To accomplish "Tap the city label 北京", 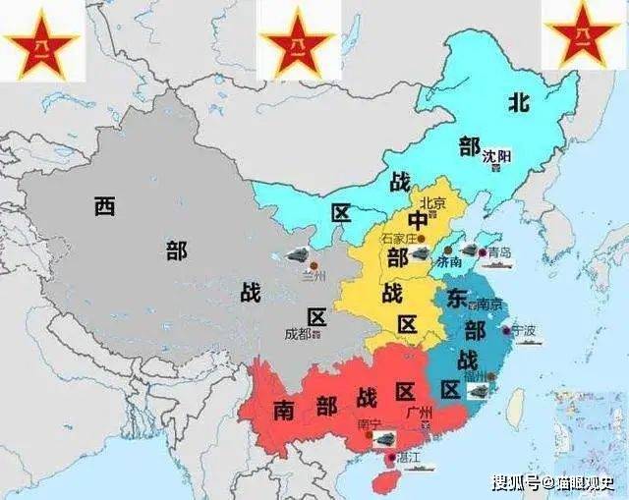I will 433,203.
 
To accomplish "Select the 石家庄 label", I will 398,238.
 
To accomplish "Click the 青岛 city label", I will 499,252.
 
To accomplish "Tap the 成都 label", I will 297,333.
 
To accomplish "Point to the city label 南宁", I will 370,423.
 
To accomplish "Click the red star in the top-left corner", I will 40,41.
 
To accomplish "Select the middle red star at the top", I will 298,41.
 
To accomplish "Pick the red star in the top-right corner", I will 583,37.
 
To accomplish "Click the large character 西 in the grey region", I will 105,206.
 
